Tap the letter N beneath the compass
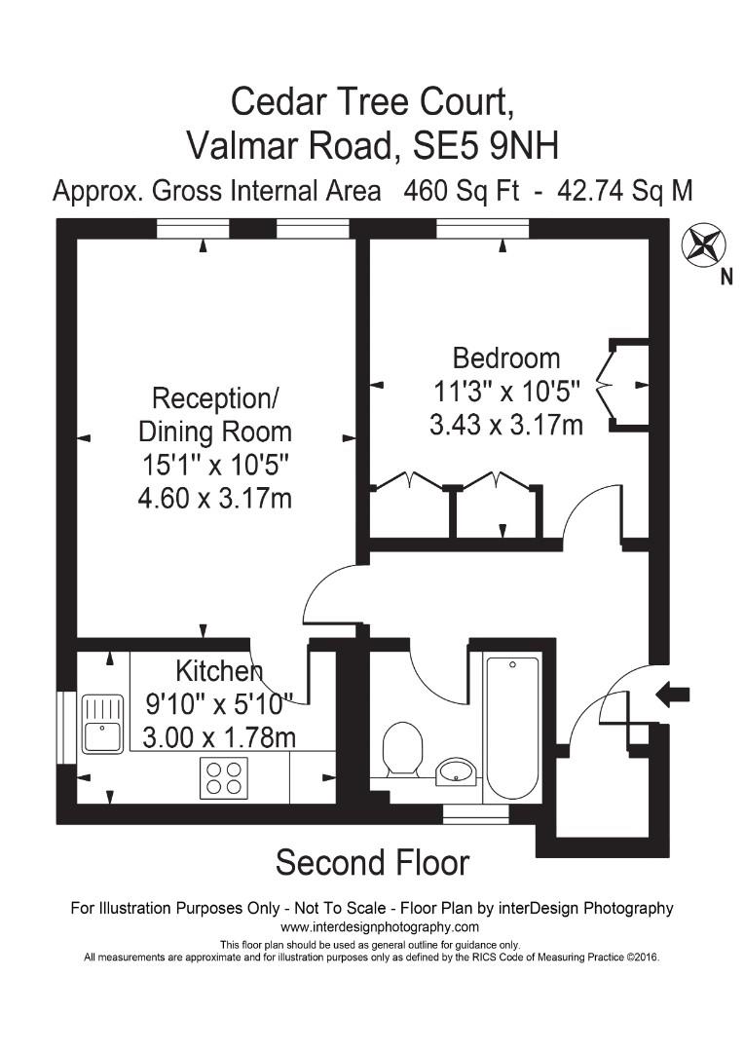coord(725,278)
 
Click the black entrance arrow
coord(673,695)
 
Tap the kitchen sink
coord(102,723)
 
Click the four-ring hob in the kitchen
coord(223,777)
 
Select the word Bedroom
coord(505,357)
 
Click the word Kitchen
coord(218,671)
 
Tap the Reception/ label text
coord(215,398)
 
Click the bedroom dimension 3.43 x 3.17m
coord(505,425)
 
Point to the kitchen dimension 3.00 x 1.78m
coord(218,737)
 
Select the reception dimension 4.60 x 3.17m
coord(215,499)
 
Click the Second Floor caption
coord(372,862)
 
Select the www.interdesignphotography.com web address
coord(372,927)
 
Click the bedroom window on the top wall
coord(482,229)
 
